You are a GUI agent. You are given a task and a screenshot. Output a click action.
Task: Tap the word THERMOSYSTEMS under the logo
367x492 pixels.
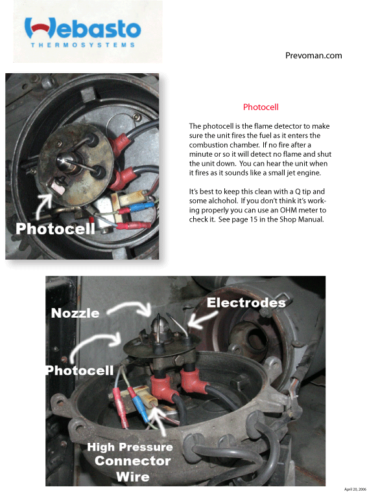tap(83, 45)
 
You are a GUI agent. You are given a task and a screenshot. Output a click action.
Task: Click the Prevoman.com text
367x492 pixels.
tap(313, 56)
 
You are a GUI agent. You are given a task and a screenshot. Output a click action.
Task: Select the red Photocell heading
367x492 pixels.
tap(261, 107)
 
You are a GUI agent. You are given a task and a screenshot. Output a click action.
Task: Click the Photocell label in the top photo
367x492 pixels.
tap(55, 229)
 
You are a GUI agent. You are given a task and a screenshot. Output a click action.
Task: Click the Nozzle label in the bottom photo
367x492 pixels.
tap(75, 313)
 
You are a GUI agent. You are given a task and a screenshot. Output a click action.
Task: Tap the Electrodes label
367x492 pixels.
tap(246, 302)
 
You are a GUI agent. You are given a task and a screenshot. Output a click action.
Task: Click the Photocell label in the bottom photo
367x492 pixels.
tap(80, 370)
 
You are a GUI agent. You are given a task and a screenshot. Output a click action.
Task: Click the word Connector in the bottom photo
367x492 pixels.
tap(132, 461)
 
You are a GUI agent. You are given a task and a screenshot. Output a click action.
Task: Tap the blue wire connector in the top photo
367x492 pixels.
tap(141, 207)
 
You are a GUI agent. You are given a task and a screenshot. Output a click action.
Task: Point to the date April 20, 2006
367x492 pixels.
tap(355, 489)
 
